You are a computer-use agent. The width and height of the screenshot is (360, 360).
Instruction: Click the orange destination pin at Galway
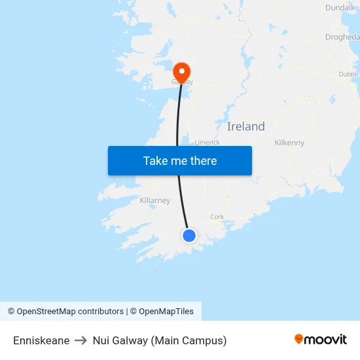180,71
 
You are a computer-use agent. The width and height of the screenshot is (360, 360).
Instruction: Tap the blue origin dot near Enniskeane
189,235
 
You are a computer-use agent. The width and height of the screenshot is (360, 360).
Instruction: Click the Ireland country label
246,126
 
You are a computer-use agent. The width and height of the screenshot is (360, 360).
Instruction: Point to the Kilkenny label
289,143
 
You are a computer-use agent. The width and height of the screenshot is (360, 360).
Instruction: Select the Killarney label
155,200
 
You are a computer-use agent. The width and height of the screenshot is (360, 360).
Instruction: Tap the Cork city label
217,217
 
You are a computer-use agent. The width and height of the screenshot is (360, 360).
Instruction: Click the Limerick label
207,142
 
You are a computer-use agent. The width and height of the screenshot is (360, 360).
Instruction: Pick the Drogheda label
342,37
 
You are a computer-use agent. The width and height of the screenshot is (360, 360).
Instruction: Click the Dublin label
348,75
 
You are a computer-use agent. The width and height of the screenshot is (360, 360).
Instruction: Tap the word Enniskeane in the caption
41,340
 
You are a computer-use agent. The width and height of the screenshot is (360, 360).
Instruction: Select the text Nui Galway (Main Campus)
160,340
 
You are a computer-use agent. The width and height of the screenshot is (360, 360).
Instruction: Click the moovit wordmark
326,339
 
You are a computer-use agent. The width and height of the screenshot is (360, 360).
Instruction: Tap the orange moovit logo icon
299,339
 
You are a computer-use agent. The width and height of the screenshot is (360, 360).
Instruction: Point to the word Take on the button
156,161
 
